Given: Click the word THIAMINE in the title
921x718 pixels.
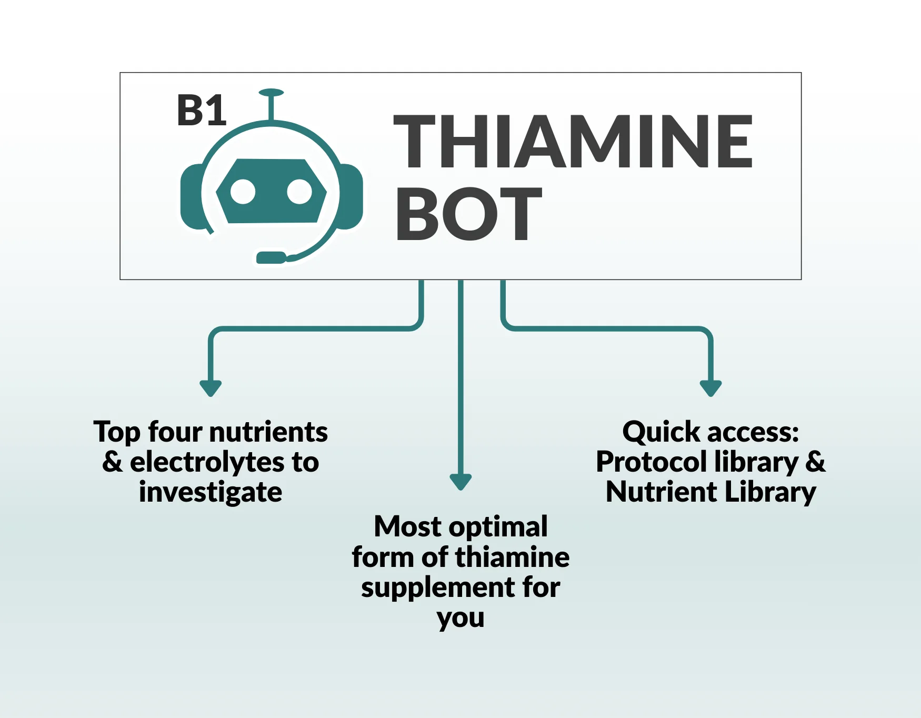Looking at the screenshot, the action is click(x=573, y=142).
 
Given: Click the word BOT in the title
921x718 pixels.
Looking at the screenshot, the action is click(x=468, y=214).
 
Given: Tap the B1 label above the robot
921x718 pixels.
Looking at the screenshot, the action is click(x=202, y=111).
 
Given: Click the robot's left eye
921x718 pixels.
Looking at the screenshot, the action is click(x=243, y=192).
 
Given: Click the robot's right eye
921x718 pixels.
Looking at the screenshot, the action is click(x=299, y=192).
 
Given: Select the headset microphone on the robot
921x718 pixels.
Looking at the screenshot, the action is click(x=271, y=258).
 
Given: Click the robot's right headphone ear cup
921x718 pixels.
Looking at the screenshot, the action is click(x=351, y=196).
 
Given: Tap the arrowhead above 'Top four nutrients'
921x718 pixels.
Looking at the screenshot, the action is click(x=211, y=388).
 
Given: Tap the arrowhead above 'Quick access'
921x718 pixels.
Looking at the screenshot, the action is click(x=710, y=388).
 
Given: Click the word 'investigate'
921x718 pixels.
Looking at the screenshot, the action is click(x=211, y=492).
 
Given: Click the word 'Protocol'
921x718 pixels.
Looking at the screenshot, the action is click(x=651, y=462).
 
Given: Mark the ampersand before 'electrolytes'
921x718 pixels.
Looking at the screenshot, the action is click(x=112, y=462).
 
